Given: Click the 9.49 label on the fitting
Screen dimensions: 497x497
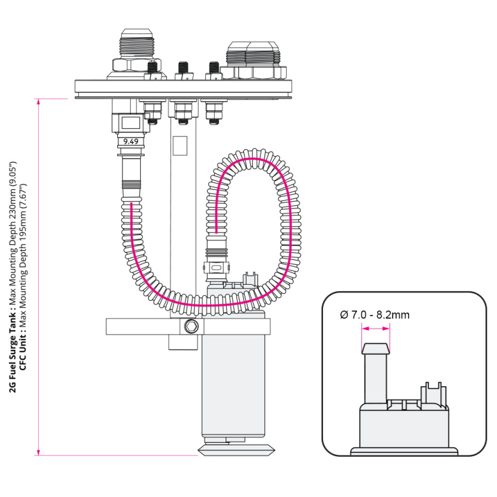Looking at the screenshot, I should pos(131,141).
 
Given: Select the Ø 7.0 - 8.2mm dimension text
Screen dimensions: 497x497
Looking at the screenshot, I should pos(375,315).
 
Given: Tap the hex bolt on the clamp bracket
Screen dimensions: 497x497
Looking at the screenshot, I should pos(189,327).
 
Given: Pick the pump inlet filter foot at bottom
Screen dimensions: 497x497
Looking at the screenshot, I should pos(236,449).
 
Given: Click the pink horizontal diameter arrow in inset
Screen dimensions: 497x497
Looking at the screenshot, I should pos(375,329).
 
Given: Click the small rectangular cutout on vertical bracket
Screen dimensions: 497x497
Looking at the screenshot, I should pos(180,145).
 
